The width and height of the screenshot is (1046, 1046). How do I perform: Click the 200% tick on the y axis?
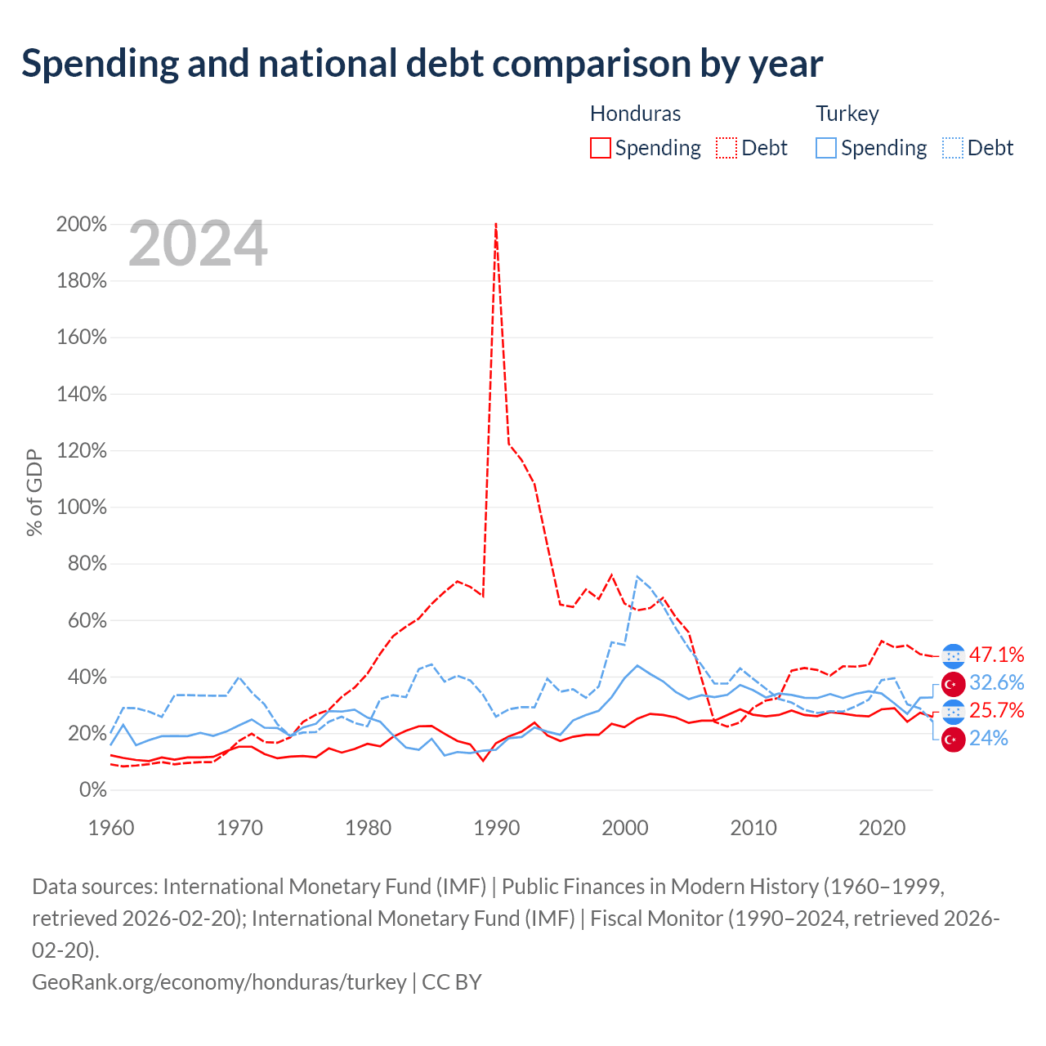pyautogui.click(x=82, y=224)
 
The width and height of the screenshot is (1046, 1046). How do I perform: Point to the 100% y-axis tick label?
pyautogui.click(x=82, y=507)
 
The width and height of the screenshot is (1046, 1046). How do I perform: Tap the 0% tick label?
pyautogui.click(x=93, y=789)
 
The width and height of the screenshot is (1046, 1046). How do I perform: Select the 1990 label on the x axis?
pyautogui.click(x=496, y=828)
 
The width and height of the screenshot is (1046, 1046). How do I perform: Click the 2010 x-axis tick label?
pyautogui.click(x=753, y=828)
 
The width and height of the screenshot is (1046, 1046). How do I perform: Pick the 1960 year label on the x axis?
pyautogui.click(x=111, y=828)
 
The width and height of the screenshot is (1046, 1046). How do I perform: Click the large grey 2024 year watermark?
pyautogui.click(x=198, y=244)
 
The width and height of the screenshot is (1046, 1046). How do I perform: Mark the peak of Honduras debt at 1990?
pyautogui.click(x=495, y=224)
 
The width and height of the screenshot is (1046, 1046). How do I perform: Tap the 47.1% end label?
pyautogui.click(x=996, y=655)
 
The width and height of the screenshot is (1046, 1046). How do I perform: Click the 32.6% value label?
pyautogui.click(x=996, y=682)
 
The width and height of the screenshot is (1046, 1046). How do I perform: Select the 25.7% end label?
pyautogui.click(x=996, y=710)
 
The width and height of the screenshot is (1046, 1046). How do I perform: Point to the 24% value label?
pyautogui.click(x=988, y=738)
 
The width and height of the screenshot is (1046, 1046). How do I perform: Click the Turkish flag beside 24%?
pyautogui.click(x=953, y=740)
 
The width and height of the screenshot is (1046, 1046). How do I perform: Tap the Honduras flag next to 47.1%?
pyautogui.click(x=953, y=656)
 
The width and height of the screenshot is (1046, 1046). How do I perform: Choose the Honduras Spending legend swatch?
pyautogui.click(x=600, y=148)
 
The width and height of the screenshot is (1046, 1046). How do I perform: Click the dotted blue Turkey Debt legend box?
pyautogui.click(x=952, y=148)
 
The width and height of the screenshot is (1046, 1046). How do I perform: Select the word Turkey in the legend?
pyautogui.click(x=847, y=114)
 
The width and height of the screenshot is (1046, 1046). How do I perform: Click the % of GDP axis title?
pyautogui.click(x=34, y=492)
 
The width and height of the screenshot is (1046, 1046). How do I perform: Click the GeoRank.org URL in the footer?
pyautogui.click(x=219, y=982)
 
